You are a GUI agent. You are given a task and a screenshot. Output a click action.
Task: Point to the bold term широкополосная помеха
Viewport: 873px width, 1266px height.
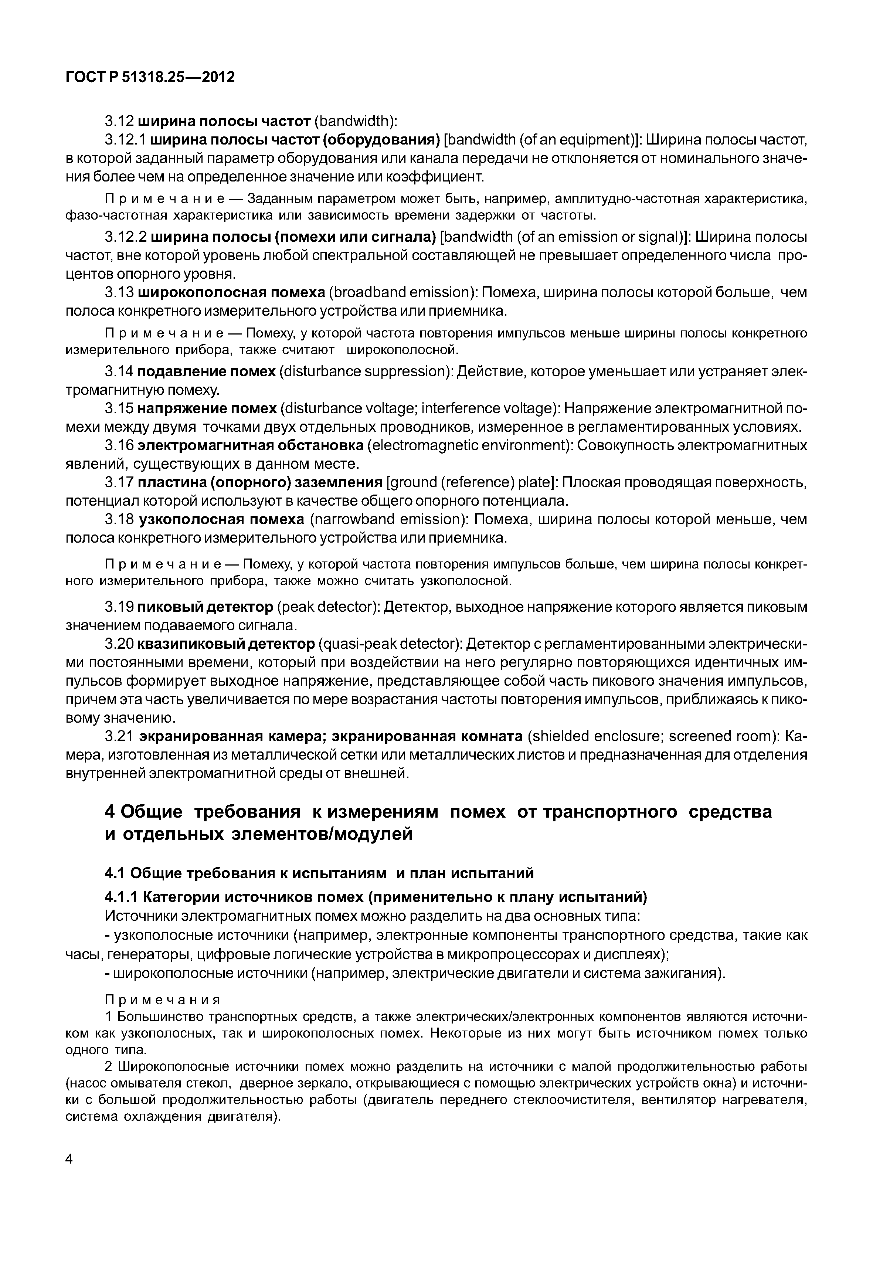pos(231,293)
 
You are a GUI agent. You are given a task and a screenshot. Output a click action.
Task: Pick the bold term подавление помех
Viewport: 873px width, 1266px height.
pos(206,371)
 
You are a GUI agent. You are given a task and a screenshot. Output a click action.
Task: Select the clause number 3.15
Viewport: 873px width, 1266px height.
pos(119,409)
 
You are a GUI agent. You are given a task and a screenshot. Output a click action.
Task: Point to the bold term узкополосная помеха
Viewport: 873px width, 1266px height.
pos(221,519)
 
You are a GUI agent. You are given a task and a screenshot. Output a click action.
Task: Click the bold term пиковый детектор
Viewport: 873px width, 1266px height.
pos(205,607)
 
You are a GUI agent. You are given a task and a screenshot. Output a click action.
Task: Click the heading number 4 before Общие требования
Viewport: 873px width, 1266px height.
pos(109,811)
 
